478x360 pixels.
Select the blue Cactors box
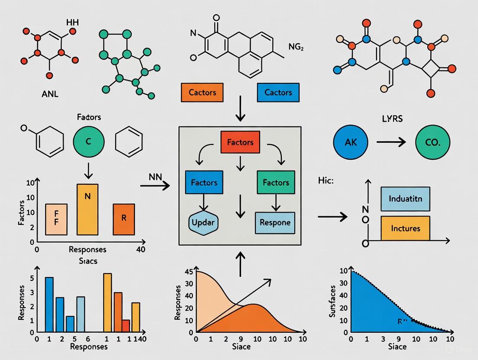[278, 92]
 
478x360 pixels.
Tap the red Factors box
[239, 142]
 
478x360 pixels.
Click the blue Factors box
[204, 183]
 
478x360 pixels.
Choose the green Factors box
[276, 183]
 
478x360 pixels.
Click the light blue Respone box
[275, 222]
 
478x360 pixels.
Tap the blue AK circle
[351, 142]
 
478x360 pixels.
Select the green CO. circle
[433, 142]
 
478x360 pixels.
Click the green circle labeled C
[89, 141]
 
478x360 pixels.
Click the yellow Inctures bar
[406, 228]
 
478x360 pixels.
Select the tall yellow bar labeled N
[87, 209]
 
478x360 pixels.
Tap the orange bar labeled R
[124, 219]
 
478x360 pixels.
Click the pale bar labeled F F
[56, 219]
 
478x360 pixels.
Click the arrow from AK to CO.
[391, 142]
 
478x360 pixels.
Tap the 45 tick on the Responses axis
[189, 272]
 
